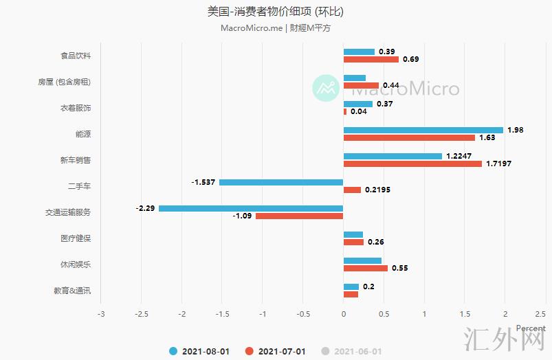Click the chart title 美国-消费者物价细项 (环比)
(x=275, y=12)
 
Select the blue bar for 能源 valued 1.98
(x=423, y=130)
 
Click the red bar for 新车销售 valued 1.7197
(x=412, y=164)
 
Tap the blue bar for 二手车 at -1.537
(x=281, y=182)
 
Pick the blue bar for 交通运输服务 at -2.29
(x=251, y=207)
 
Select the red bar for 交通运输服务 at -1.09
(x=299, y=216)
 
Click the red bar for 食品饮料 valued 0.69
(x=371, y=59)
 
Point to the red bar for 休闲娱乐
(x=365, y=268)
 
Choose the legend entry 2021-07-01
(x=275, y=351)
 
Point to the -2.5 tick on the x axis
(x=142, y=314)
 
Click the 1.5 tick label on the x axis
(x=464, y=314)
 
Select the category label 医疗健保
(x=76, y=238)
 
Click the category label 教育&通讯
(x=72, y=291)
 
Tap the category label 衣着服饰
(x=76, y=108)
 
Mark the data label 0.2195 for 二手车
(x=377, y=190)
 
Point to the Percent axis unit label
(x=531, y=328)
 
